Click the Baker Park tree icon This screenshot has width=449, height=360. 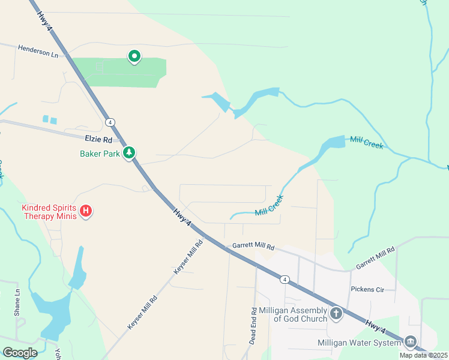pos(129,154)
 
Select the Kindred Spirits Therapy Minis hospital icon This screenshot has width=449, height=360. pos(86,211)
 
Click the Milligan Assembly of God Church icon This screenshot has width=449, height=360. pos(336,313)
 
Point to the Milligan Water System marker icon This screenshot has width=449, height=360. pos(411,342)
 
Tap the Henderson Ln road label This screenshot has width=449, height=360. pos(41,52)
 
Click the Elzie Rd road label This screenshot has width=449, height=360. pos(98,140)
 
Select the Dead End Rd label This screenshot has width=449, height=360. pos(253,326)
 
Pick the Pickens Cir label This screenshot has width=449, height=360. pos(367,289)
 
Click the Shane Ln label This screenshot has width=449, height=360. pos(17,302)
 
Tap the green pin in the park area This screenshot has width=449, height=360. pos(134,56)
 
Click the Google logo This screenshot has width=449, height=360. pos(20,352)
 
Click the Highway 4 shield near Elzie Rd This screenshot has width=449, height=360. pos(110,122)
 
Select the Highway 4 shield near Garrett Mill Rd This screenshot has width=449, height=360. pos(285,279)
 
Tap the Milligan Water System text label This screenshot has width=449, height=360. pos(359,343)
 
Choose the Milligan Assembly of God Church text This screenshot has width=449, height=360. pos(293,314)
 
